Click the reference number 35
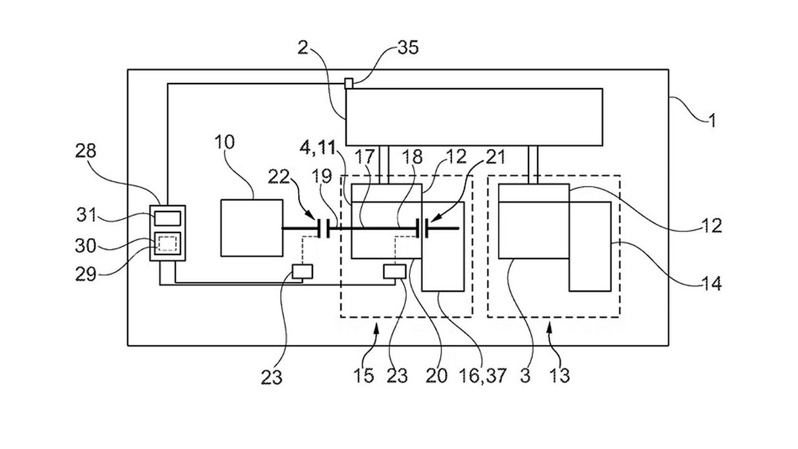tap(408, 47)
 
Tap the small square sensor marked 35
tap(349, 84)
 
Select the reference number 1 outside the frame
tap(712, 121)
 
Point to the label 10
tap(225, 142)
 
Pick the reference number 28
tap(85, 151)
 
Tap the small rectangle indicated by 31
tap(168, 218)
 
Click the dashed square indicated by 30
tap(168, 244)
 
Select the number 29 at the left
tap(85, 274)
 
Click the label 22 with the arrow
tap(279, 176)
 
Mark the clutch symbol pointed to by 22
tap(324, 228)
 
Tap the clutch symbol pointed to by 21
tap(421, 228)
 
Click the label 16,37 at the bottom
tap(483, 375)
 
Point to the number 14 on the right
tap(711, 284)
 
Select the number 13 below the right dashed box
tap(560, 375)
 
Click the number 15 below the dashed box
tap(363, 375)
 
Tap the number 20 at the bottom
tap(436, 375)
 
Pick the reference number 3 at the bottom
tap(525, 375)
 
